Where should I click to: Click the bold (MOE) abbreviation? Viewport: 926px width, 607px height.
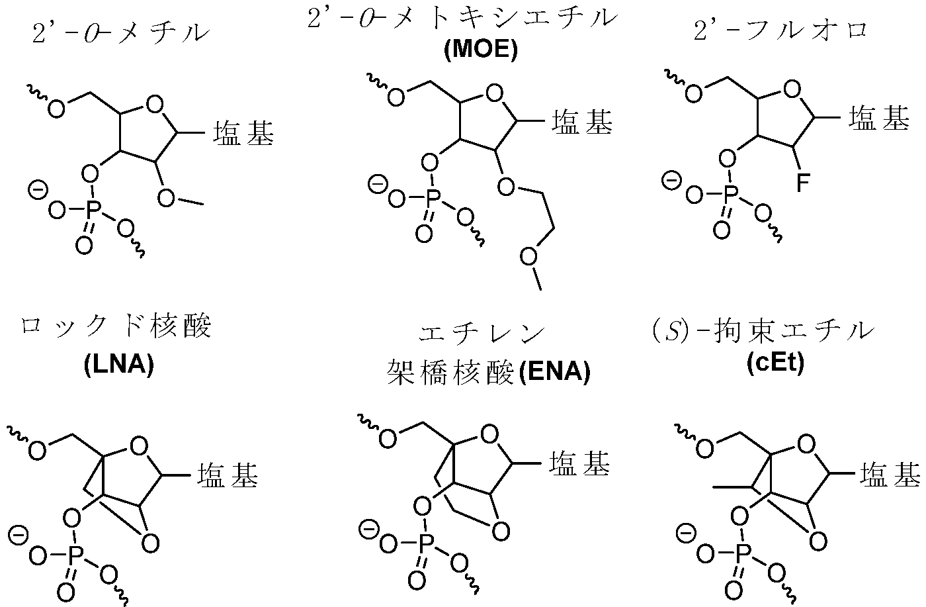(480, 50)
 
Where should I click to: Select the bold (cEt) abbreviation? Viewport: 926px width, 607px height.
(775, 363)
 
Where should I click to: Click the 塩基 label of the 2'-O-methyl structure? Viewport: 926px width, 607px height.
(243, 133)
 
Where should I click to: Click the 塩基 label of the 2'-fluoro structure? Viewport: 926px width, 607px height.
(879, 118)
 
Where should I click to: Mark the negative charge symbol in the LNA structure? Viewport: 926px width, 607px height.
(18, 536)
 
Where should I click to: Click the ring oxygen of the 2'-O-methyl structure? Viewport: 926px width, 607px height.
(155, 105)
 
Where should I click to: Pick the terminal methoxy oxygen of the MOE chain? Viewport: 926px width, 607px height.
(528, 257)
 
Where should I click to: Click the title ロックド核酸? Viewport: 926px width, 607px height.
(115, 327)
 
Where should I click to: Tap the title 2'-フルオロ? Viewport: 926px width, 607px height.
(780, 30)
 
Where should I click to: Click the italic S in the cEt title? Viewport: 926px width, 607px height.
(672, 332)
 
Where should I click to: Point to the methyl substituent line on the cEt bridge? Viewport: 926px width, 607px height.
(734, 487)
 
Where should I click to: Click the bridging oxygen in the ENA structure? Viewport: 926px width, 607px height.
(501, 532)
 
